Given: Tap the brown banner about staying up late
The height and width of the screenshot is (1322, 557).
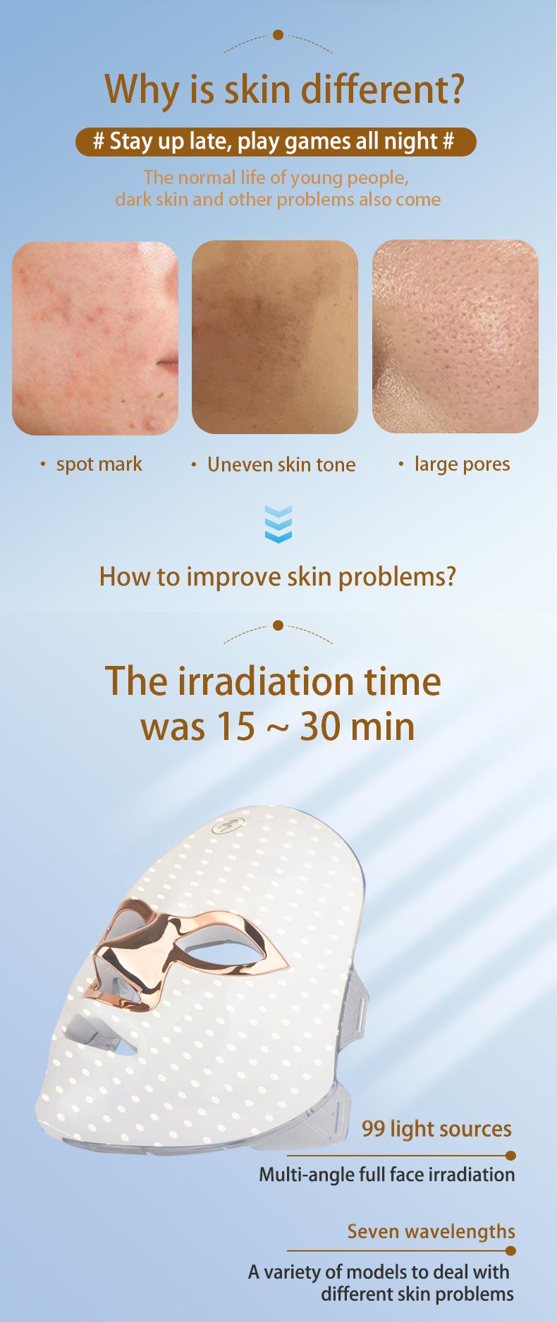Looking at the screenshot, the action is click(x=276, y=141).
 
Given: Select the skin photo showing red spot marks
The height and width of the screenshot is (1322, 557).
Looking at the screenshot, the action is click(x=95, y=338).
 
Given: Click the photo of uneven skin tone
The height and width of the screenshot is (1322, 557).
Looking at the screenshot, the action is click(x=275, y=337).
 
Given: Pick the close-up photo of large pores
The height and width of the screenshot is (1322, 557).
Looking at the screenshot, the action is click(x=455, y=336).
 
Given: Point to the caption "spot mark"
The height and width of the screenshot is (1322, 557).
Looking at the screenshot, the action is click(x=99, y=464).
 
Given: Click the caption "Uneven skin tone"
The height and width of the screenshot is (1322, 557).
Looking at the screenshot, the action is click(x=281, y=464).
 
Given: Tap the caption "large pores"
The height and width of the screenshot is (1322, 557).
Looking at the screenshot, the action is click(x=462, y=464).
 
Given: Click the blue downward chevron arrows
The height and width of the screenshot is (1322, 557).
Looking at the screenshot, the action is click(x=278, y=524).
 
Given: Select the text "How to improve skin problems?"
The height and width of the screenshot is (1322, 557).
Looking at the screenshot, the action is click(x=278, y=576).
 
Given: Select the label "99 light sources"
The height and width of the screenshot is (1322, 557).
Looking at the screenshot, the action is click(x=436, y=1129).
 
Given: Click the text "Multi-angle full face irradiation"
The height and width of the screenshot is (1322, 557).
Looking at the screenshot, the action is click(x=387, y=1175).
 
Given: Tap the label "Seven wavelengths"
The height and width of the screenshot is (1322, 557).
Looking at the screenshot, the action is click(x=431, y=1232).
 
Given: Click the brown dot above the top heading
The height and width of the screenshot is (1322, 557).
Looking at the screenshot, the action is click(x=278, y=35).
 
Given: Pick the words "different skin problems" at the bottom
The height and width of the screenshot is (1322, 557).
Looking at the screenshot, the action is click(x=417, y=1294).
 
